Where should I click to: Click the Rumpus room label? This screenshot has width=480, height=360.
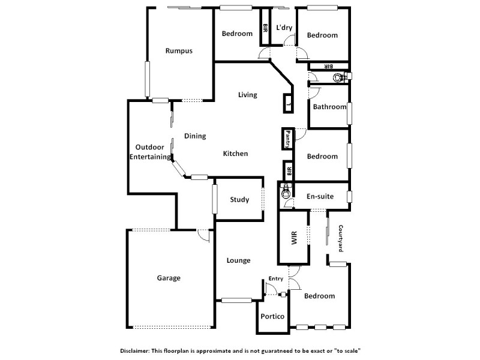(179, 51)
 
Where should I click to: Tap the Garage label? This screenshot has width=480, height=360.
(169, 278)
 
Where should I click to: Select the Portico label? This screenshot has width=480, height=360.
(272, 317)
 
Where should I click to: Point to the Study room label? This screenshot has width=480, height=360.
(239, 200)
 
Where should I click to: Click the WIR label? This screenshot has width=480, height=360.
(294, 237)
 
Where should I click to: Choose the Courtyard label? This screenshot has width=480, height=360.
(340, 238)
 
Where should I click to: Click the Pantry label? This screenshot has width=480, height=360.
(288, 139)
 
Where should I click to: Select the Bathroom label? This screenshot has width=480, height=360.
(329, 107)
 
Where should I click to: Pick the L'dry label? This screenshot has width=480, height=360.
(284, 28)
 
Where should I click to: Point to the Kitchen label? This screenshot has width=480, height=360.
(235, 154)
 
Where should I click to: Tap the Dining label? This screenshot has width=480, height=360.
(195, 136)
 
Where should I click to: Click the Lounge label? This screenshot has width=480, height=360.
(238, 260)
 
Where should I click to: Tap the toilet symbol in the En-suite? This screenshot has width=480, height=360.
(286, 193)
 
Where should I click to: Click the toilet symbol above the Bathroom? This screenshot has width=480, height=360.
(340, 77)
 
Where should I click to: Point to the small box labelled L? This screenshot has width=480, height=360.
(288, 104)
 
